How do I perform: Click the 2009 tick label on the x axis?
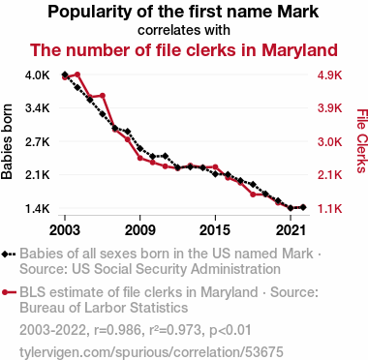139,230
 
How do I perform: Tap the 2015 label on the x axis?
215,230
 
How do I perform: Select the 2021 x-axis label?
291,230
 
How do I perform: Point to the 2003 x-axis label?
65,230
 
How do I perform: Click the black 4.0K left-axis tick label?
38,75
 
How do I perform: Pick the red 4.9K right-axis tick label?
329,75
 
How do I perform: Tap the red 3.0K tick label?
329,141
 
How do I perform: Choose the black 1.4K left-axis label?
38,209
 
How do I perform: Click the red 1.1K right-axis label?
329,209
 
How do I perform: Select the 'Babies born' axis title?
7,141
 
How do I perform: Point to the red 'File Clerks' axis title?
362,141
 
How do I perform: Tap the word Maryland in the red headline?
299,50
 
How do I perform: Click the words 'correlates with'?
184,30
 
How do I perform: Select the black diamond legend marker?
5,255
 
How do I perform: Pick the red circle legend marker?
5,292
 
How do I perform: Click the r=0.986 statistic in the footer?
118,330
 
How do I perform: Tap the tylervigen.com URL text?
151,352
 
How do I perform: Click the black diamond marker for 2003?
65,75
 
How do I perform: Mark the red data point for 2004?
77,75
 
